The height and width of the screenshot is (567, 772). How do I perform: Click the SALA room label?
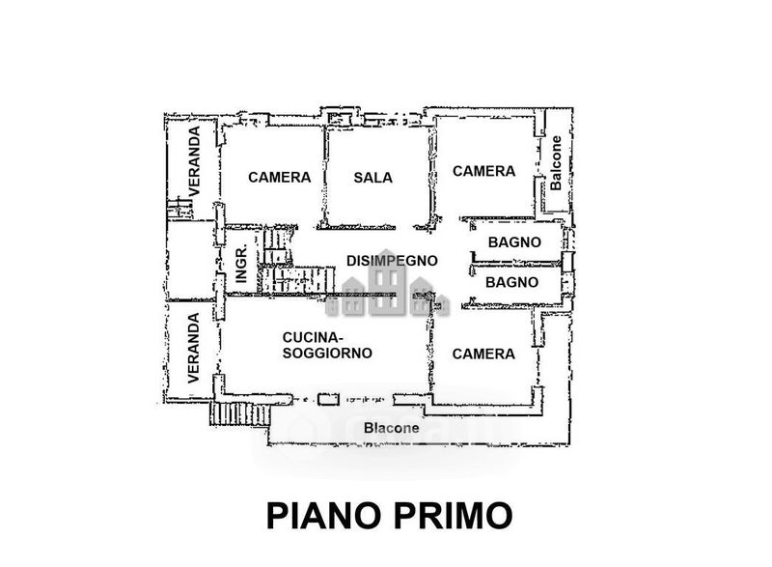[372, 178]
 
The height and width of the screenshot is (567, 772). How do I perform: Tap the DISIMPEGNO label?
[392, 261]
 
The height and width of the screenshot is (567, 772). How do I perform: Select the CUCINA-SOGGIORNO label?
[327, 346]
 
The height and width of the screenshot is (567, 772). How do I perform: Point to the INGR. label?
[241, 265]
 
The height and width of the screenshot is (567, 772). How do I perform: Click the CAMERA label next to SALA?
[279, 178]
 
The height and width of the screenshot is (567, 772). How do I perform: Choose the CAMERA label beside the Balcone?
[483, 171]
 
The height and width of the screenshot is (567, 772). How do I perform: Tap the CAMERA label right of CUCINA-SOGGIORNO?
[483, 354]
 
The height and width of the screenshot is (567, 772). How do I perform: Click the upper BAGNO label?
[514, 242]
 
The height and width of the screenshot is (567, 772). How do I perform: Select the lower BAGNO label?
[511, 282]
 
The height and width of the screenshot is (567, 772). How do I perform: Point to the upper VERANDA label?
[194, 161]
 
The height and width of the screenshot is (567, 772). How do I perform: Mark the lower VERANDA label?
[194, 348]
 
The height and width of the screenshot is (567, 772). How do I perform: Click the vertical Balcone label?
[556, 163]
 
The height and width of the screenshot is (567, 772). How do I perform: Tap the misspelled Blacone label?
[392, 428]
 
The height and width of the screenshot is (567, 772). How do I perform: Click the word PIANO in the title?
[324, 516]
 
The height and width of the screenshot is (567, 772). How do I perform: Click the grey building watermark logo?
[388, 285]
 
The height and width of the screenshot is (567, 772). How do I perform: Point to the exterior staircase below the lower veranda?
[240, 413]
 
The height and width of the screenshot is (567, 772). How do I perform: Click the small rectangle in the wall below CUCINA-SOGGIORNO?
[328, 399]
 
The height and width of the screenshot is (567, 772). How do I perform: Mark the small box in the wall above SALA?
[339, 119]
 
